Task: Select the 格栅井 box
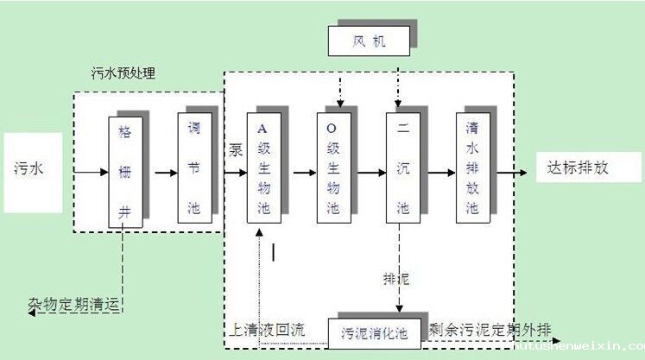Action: [124, 169]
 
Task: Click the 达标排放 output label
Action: [577, 167]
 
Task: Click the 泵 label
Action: [235, 148]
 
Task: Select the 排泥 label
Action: [396, 279]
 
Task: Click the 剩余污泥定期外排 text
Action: [490, 329]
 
